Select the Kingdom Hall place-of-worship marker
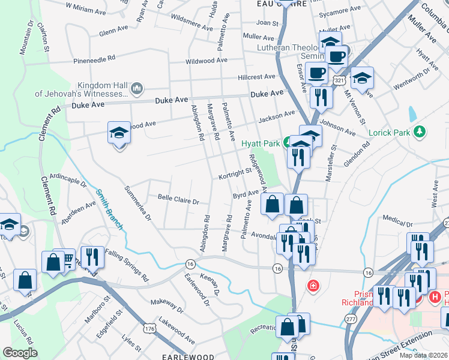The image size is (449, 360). pos(136,89)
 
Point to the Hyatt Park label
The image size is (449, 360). pos(261,143)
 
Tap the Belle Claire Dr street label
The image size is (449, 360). pos(178,197)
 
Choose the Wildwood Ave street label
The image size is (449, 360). pos(206,61)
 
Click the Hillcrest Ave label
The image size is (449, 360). pos(256,77)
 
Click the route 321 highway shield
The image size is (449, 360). pos(340,80)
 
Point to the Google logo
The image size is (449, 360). pos(20,352)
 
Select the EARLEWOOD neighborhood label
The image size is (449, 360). pos(188,356)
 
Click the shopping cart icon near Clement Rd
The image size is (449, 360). pos(68,259)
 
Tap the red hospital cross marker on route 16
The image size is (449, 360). pos(312,285)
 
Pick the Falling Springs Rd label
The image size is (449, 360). pos(126,266)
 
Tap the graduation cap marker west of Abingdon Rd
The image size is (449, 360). pos(119,133)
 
